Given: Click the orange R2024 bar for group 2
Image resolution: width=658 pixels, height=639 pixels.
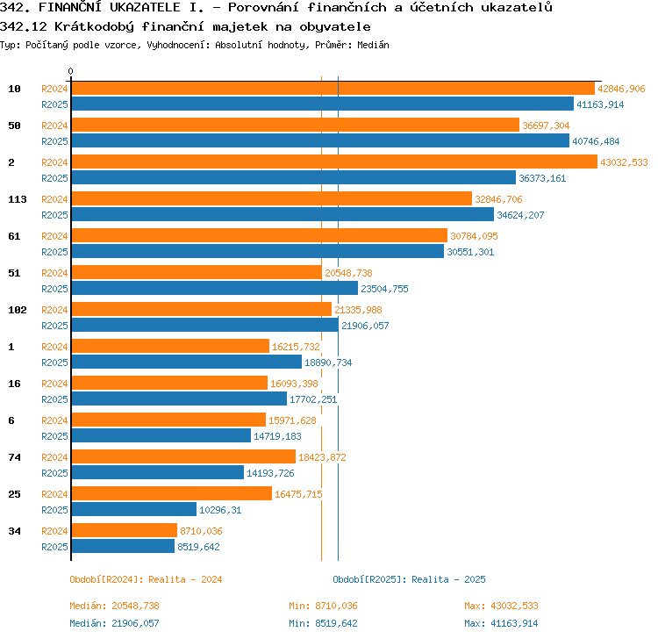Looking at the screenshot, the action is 334,162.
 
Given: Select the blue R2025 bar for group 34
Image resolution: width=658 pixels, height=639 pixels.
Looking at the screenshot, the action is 123,546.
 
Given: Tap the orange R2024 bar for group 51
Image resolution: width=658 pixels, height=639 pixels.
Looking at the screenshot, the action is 197,272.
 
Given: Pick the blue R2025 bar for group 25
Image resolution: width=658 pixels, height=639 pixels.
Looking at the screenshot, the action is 134,509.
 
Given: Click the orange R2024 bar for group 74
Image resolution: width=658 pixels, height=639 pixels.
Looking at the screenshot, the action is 183,456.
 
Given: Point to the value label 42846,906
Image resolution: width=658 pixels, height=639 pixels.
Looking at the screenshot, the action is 621,89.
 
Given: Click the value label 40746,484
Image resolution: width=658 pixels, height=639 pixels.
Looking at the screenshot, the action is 596,141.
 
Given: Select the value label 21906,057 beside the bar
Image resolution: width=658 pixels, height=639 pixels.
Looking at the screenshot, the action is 365,326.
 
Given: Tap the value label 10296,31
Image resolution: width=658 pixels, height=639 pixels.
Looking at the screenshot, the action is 220,510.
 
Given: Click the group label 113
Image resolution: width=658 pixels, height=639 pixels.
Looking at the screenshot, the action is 18,199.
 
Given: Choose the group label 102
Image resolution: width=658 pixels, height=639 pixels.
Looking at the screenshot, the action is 18,310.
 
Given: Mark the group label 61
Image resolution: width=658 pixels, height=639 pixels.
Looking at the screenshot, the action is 14,236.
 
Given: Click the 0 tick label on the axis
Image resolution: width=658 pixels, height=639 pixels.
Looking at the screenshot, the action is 70,71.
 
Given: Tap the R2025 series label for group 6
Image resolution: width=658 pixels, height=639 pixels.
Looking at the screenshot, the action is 54,436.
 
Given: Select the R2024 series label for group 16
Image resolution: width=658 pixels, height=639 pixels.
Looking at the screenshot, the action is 54,384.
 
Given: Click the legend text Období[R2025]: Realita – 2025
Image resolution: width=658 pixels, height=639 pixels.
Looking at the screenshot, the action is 409,579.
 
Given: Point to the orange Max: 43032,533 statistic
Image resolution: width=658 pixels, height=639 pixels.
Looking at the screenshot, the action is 501,606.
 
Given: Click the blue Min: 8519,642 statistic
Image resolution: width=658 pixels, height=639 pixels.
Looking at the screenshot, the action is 323,623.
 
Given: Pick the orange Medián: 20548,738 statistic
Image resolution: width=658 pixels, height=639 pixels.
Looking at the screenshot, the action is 115,606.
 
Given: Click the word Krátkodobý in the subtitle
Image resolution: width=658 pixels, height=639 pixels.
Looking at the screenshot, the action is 95,27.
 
